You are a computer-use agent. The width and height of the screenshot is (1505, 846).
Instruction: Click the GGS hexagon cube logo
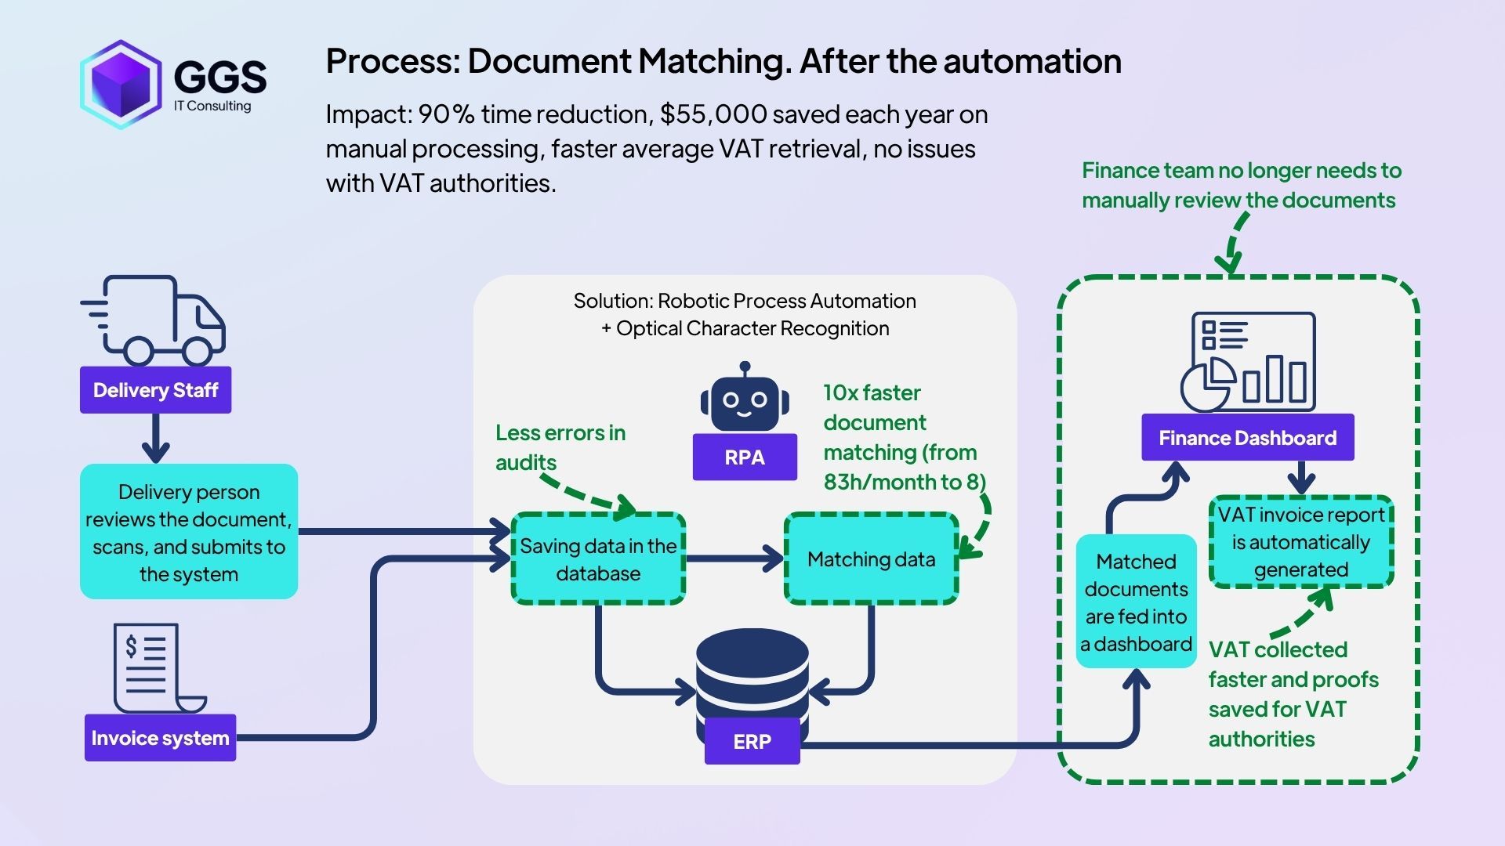click(121, 84)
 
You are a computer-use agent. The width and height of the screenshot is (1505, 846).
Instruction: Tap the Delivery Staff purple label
click(155, 390)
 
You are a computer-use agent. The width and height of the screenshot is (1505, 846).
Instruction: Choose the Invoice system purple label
click(160, 738)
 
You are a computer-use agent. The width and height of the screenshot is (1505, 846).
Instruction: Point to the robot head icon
click(745, 398)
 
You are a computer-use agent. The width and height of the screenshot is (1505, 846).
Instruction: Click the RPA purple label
click(745, 457)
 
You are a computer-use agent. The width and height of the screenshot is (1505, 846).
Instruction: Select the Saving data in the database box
click(598, 559)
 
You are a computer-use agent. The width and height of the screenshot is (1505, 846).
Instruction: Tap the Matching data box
click(871, 559)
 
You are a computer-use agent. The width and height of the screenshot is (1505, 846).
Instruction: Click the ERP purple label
click(752, 741)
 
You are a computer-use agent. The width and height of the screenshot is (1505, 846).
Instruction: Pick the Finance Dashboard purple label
click(1247, 438)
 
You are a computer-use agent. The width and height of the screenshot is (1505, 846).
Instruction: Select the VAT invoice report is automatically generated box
click(1300, 542)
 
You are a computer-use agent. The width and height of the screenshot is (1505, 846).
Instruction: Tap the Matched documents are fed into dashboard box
click(1136, 602)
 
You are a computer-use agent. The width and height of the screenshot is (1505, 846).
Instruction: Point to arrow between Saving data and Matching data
click(734, 559)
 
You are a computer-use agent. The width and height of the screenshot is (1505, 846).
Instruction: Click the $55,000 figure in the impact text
click(713, 114)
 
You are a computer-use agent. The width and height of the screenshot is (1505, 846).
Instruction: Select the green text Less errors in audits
click(560, 447)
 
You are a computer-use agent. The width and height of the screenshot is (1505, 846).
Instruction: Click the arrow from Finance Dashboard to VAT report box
click(1300, 476)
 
